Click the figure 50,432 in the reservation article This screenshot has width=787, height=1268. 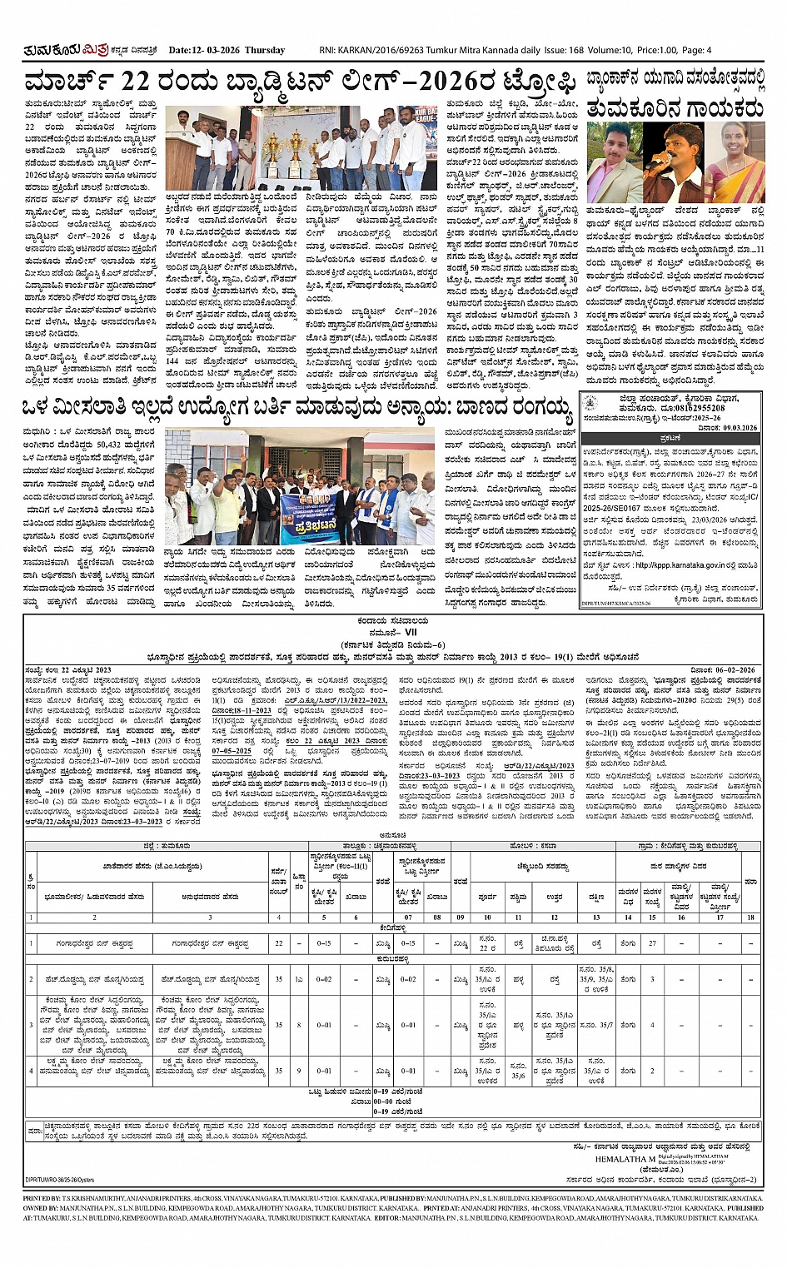pyautogui.click(x=110, y=445)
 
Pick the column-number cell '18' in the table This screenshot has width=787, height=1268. pyautogui.click(x=750, y=917)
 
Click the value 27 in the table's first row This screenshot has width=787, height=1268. pyautogui.click(x=652, y=944)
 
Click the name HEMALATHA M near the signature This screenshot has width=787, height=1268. pyautogui.click(x=625, y=1158)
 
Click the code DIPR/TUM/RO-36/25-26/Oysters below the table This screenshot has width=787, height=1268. pyautogui.click(x=60, y=1180)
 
